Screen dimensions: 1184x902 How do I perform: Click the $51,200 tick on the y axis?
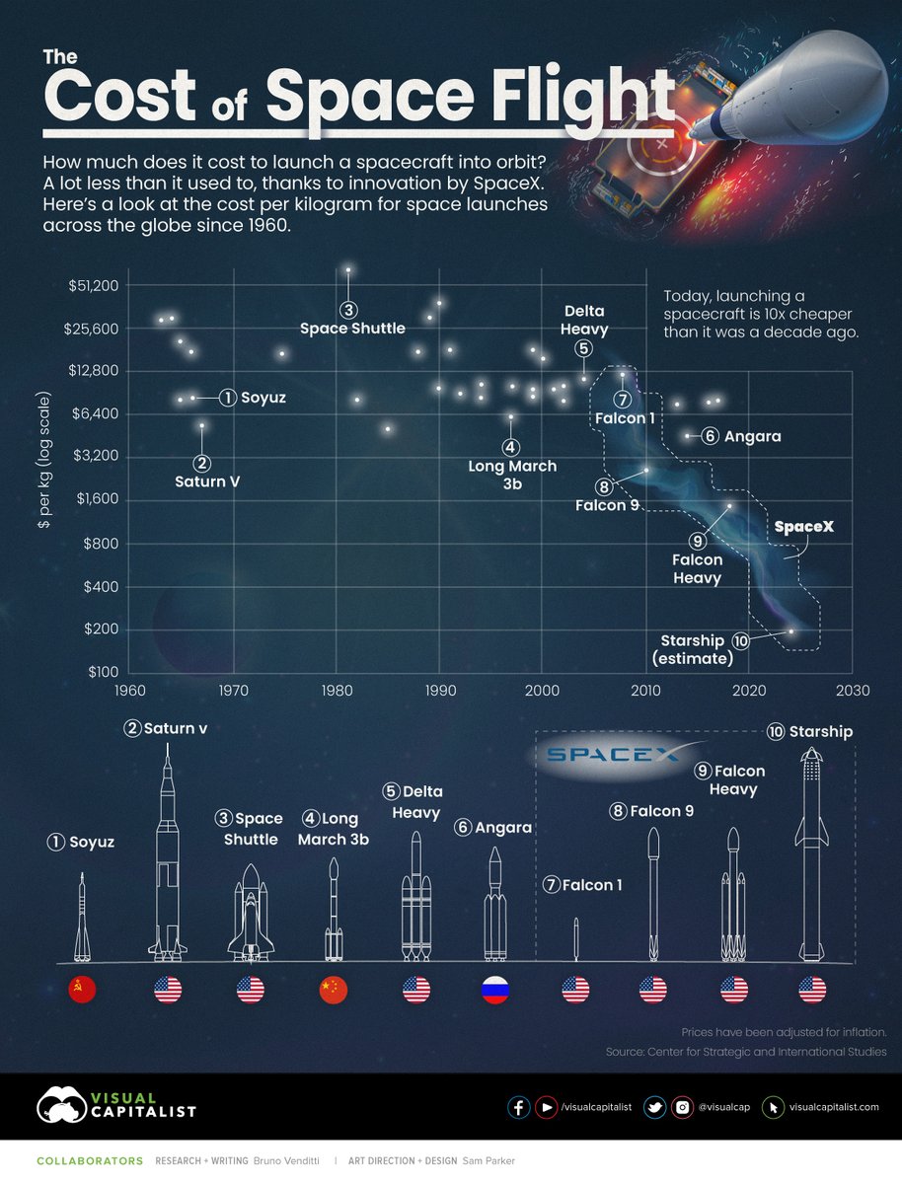[x=95, y=286]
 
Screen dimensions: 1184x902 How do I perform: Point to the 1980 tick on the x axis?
[x=337, y=691]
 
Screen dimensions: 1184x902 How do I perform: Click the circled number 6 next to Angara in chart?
[x=710, y=436]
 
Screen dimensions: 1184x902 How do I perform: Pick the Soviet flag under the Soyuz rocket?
[x=82, y=990]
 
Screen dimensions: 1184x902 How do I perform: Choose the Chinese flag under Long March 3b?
[x=335, y=990]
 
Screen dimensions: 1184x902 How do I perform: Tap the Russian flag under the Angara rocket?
[x=495, y=990]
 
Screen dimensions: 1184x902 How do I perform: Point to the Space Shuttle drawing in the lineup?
[x=251, y=913]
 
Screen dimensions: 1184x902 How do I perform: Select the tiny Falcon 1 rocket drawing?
[x=576, y=939]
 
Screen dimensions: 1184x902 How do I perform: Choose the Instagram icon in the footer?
[x=682, y=1107]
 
